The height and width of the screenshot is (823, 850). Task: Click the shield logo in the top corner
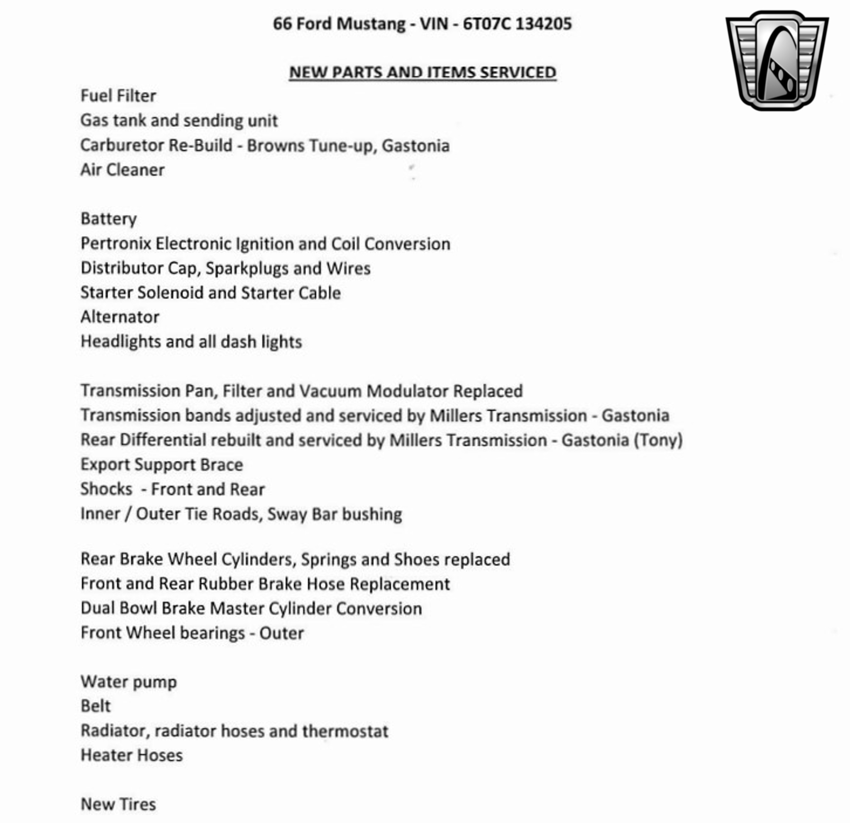[777, 61]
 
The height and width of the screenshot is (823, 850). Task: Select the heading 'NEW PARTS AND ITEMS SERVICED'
[423, 72]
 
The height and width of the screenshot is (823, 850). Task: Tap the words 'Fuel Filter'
[118, 96]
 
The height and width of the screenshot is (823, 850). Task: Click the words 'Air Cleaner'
[122, 170]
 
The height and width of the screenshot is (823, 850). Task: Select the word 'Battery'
[108, 219]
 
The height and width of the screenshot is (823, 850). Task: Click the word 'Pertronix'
[116, 244]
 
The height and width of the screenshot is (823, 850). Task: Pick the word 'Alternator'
[120, 317]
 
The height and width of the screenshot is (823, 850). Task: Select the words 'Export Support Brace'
[162, 465]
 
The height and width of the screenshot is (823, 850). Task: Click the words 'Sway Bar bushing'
[335, 514]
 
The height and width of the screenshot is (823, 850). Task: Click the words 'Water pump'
[128, 682]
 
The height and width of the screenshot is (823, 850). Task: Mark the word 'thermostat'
[345, 731]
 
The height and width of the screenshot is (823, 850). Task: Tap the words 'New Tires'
[118, 804]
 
